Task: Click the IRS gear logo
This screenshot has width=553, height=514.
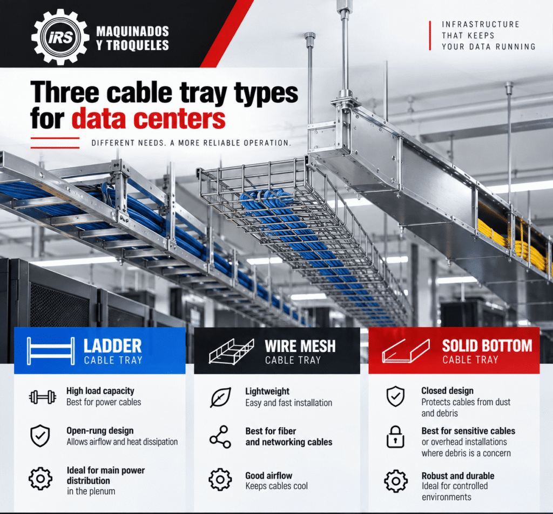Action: pyautogui.click(x=60, y=37)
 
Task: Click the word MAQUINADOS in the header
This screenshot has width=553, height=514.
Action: pyautogui.click(x=133, y=31)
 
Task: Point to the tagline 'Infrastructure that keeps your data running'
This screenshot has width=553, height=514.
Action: pyautogui.click(x=488, y=35)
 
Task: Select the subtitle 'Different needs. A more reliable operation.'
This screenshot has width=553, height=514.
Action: pyautogui.click(x=191, y=143)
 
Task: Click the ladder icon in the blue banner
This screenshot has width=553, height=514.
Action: pyautogui.click(x=51, y=351)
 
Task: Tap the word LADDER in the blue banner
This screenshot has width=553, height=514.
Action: pyautogui.click(x=112, y=346)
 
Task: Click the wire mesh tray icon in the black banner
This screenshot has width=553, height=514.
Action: pyautogui.click(x=231, y=351)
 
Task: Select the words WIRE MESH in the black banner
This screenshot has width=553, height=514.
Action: pyautogui.click(x=300, y=346)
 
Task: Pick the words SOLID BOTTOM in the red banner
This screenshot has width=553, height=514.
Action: pyautogui.click(x=487, y=346)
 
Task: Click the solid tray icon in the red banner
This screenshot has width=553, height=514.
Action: pyautogui.click(x=406, y=351)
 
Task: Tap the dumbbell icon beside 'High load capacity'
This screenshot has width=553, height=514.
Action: pyautogui.click(x=42, y=397)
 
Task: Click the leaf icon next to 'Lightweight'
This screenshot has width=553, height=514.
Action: pyautogui.click(x=221, y=397)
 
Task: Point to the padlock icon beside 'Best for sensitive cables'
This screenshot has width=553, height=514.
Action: pyautogui.click(x=395, y=437)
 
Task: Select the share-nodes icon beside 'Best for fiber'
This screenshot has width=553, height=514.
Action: pyautogui.click(x=220, y=437)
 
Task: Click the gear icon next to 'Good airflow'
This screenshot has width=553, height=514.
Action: pyautogui.click(x=220, y=479)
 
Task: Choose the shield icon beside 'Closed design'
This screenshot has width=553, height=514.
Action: pyautogui.click(x=396, y=396)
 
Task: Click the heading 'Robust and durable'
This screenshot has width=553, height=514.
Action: pyautogui.click(x=458, y=476)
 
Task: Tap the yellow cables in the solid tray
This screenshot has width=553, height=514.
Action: pyautogui.click(x=511, y=244)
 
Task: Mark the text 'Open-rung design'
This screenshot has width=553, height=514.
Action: pyautogui.click(x=100, y=431)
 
